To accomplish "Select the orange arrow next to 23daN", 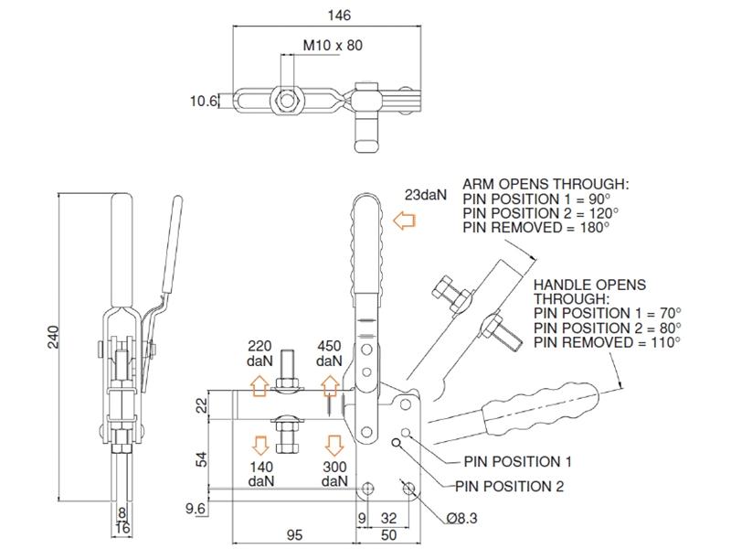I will (x=401, y=221).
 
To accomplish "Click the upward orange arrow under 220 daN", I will (x=260, y=386).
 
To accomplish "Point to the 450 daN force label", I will (x=329, y=354).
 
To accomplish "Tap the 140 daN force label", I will (x=260, y=473).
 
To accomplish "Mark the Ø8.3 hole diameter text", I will (x=463, y=518).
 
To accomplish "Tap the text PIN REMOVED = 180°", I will (x=535, y=226).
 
